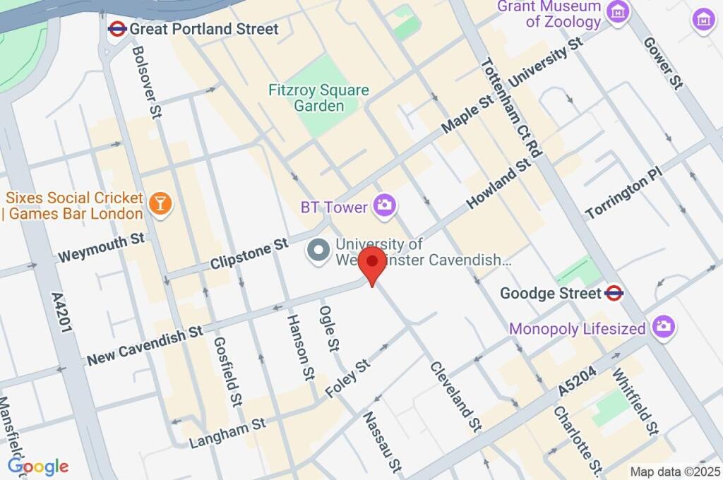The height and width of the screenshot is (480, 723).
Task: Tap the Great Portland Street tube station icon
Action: click(117, 28)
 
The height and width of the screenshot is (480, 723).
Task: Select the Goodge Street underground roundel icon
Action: click(614, 293)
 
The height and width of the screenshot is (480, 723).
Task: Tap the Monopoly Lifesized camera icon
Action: click(664, 326)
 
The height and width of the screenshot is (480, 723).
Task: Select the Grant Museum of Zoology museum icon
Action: click(619, 12)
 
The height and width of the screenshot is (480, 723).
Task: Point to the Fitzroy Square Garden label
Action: click(318, 98)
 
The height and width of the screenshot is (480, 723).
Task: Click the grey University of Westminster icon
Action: click(318, 251)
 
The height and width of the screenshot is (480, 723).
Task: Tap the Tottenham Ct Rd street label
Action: click(510, 107)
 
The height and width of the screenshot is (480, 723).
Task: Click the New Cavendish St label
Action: click(145, 346)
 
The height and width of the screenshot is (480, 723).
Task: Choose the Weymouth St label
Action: click(102, 246)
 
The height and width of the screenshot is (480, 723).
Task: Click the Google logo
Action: click(37, 466)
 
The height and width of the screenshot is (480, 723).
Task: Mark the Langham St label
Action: click(227, 433)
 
